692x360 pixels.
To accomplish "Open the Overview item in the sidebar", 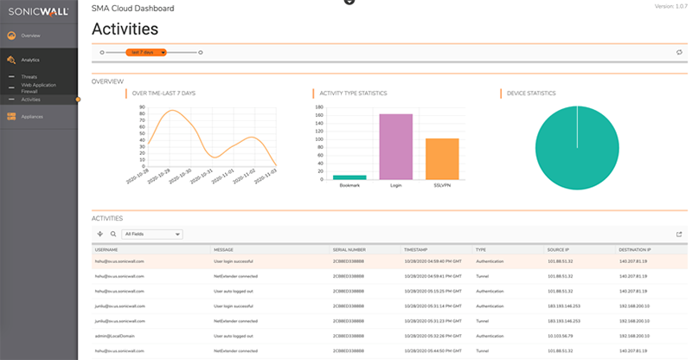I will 31,35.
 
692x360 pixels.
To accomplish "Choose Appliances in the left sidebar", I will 32,116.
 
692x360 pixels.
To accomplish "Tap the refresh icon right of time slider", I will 679,52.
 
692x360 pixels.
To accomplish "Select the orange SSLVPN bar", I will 442,158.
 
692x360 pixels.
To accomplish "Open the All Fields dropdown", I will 152,234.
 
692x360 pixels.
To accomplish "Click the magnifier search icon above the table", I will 113,234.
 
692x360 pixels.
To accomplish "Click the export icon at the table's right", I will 679,234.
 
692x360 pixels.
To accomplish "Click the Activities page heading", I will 129,29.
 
